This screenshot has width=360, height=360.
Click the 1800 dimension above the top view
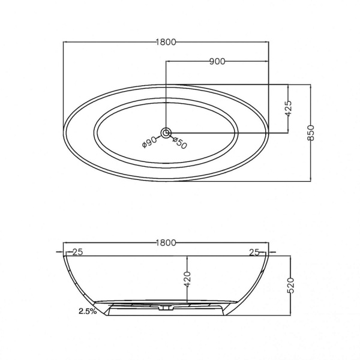click(166, 42)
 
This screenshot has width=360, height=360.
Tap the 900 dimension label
click(217, 62)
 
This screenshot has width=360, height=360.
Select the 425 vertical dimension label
click(289, 108)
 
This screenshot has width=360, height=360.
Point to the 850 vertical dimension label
click(310, 133)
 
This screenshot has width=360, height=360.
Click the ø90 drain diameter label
click(149, 142)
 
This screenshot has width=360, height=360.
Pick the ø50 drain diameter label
click(179, 143)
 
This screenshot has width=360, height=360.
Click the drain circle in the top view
click(166, 133)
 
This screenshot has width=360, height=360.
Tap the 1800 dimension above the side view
click(166, 242)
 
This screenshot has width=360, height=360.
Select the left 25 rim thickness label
click(77, 252)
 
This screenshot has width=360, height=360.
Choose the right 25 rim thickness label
click(254, 253)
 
